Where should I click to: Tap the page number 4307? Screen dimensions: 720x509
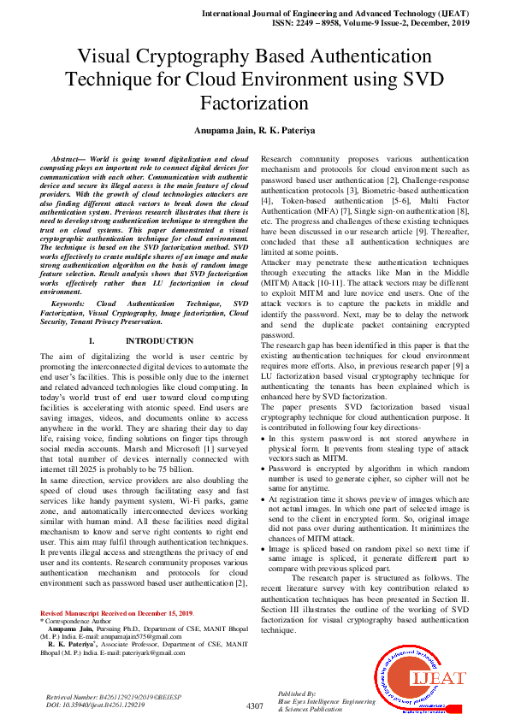pos(254,705)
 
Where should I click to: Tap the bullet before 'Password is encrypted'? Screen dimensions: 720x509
pos(263,468)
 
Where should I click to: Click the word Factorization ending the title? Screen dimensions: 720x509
pos(254,104)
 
